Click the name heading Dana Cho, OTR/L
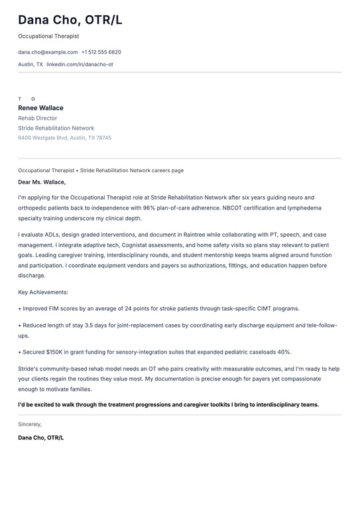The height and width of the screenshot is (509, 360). point(70,20)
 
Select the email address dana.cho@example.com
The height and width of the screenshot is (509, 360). point(48,52)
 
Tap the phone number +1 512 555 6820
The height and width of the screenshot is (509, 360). point(101,52)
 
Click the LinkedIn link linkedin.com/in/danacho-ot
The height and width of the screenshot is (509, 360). point(80,64)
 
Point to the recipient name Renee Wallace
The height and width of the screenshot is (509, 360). point(40,108)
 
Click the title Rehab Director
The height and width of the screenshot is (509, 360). point(37,118)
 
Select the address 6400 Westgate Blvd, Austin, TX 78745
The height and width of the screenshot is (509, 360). point(64,138)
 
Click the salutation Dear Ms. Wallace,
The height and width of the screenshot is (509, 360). point(42,182)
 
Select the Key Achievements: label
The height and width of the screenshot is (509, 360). point(42,292)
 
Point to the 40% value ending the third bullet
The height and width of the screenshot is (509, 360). point(284,352)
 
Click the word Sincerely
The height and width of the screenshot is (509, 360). point(30,424)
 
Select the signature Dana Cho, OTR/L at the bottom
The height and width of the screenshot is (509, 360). point(40,437)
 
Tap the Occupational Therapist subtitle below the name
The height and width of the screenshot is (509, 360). point(48,36)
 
